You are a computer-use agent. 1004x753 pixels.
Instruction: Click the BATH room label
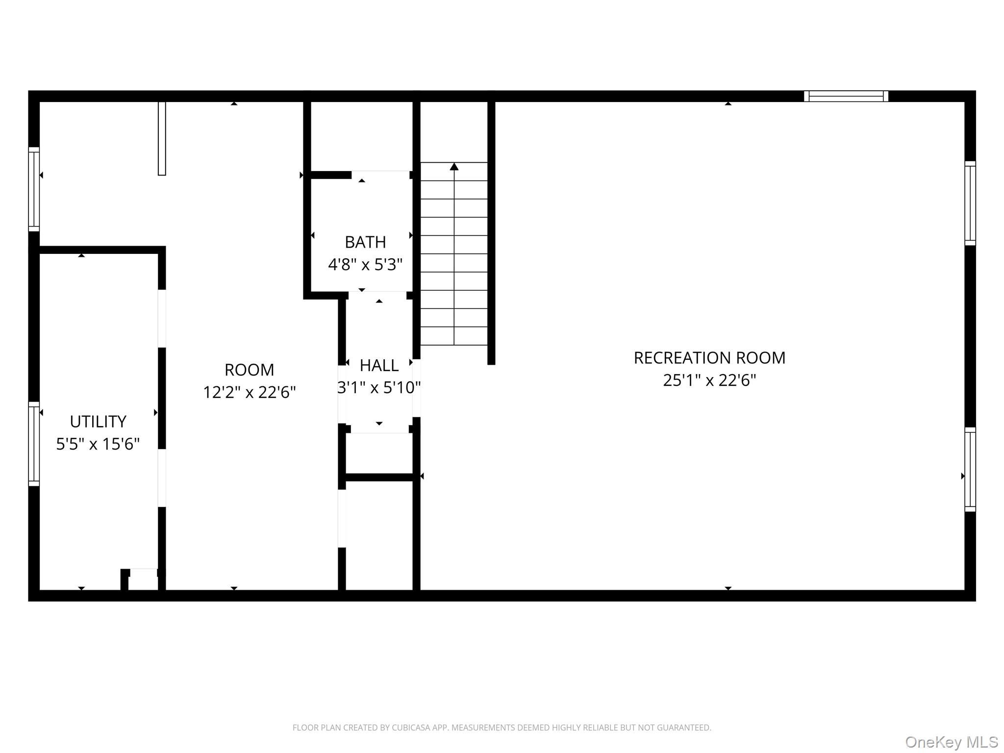point(365,242)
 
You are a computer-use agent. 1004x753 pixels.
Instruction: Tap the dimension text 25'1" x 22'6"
point(709,380)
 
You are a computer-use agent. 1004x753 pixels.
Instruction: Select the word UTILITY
point(98,422)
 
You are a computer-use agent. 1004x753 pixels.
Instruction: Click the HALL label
point(379,366)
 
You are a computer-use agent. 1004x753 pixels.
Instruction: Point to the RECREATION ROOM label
point(709,358)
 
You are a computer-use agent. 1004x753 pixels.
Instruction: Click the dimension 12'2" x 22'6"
point(249,392)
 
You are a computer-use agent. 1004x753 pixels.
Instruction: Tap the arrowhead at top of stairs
point(454,167)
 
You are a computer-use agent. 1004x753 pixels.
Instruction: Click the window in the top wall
point(846,96)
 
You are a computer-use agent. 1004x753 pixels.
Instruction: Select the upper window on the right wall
point(970,203)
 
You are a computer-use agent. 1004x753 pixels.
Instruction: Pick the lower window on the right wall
point(970,469)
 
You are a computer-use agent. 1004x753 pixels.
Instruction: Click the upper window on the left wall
point(34,189)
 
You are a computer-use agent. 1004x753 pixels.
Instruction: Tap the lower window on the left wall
point(34,444)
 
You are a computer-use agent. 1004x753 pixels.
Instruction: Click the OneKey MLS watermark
point(951,742)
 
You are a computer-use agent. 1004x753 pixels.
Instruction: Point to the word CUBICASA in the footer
point(410,728)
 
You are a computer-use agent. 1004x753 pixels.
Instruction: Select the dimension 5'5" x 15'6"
point(98,444)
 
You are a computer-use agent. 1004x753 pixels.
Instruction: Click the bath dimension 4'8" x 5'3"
point(365,265)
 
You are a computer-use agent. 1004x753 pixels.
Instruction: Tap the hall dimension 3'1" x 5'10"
point(379,388)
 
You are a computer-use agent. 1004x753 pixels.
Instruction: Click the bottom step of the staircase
point(454,336)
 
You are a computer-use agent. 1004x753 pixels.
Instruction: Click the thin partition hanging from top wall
point(162,138)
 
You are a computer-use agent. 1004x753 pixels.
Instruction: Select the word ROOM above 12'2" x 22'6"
point(249,370)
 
